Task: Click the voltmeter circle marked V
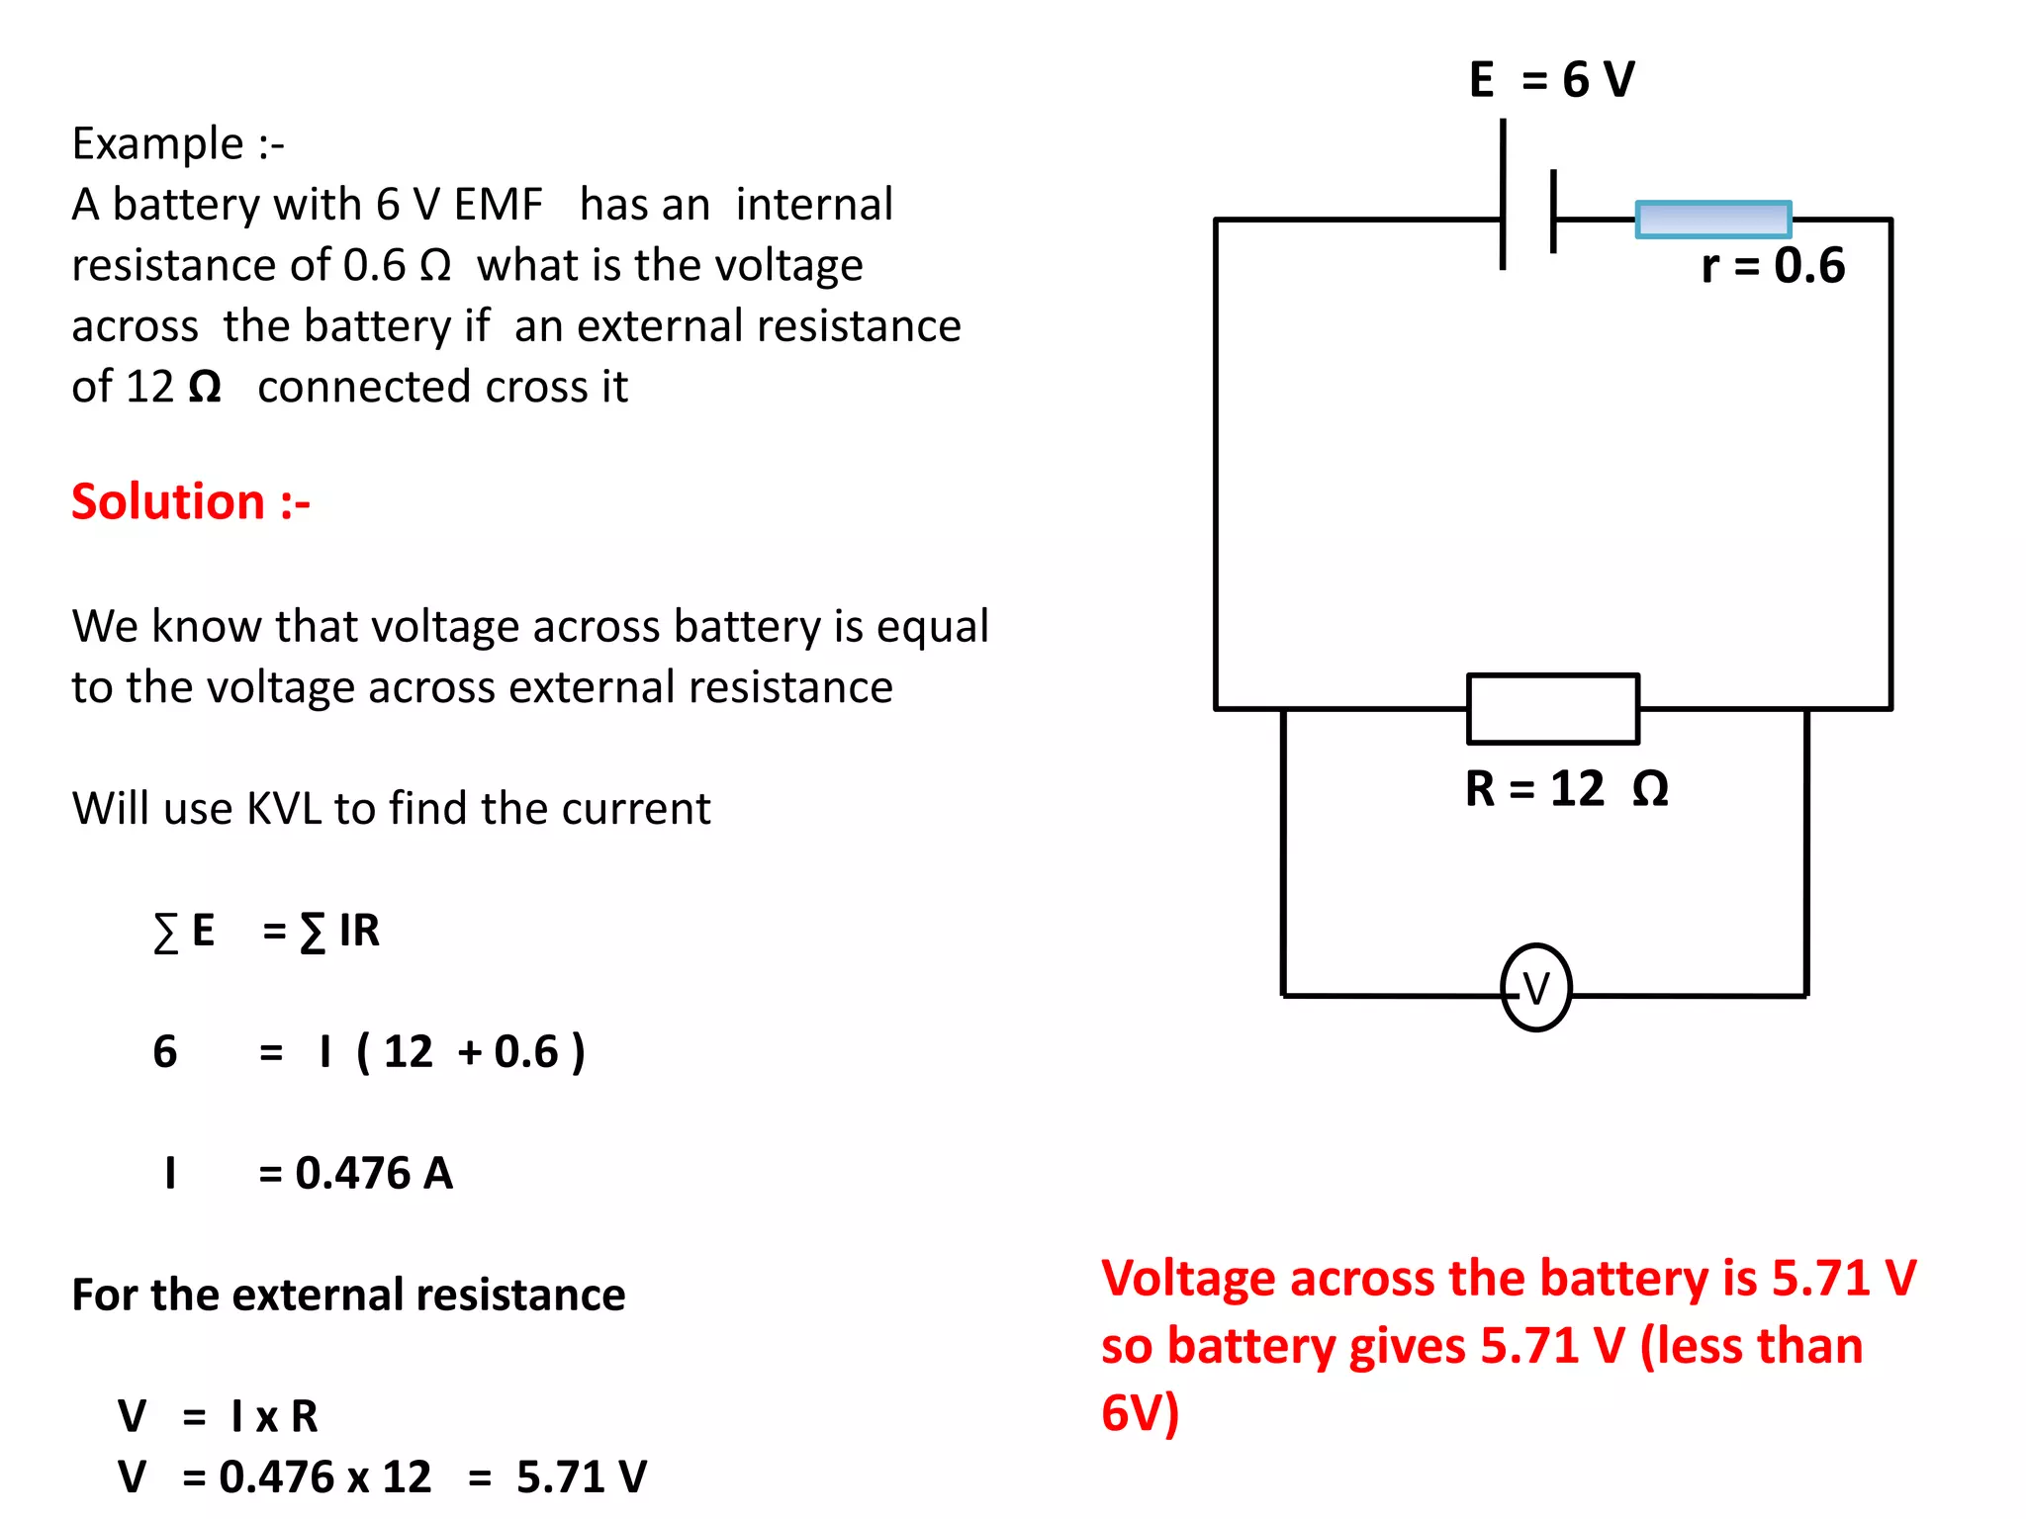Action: pyautogui.click(x=1535, y=988)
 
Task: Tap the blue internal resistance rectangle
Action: pyautogui.click(x=1712, y=220)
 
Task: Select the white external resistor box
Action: pyautogui.click(x=1552, y=709)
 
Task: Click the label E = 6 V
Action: pyautogui.click(x=1551, y=79)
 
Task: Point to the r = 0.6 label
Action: pyautogui.click(x=1772, y=265)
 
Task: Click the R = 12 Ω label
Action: pyautogui.click(x=1566, y=788)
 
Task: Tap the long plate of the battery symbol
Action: pyautogui.click(x=1503, y=195)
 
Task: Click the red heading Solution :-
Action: pyautogui.click(x=191, y=501)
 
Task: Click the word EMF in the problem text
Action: pyautogui.click(x=498, y=205)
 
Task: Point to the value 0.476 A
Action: pyautogui.click(x=373, y=1173)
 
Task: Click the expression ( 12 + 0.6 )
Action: pyautogui.click(x=470, y=1051)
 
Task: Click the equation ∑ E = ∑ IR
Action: pyautogui.click(x=266, y=931)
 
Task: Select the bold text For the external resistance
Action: pyautogui.click(x=348, y=1295)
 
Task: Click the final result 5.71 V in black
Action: pyautogui.click(x=581, y=1476)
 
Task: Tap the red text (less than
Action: pyautogui.click(x=1751, y=1346)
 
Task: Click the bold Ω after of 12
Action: pyautogui.click(x=204, y=387)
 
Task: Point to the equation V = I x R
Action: pyautogui.click(x=218, y=1416)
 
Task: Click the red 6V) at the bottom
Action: pyautogui.click(x=1140, y=1412)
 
